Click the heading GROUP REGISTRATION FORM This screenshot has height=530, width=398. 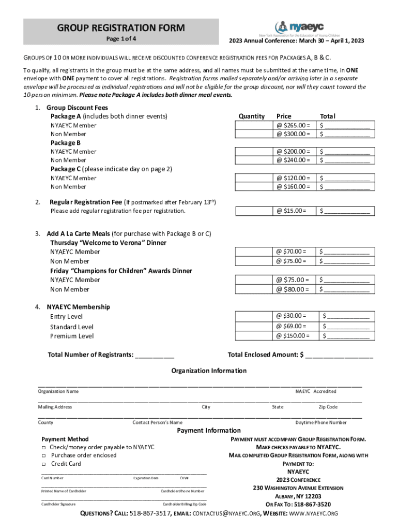point(121,27)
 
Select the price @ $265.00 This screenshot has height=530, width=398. point(293,125)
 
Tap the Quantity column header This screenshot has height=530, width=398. point(251,116)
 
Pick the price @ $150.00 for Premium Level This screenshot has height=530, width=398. point(293,336)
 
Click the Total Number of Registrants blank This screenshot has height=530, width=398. point(155,355)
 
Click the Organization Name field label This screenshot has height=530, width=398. point(58,392)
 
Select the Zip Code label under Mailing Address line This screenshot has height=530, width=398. point(328,407)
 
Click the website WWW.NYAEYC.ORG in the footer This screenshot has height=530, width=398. point(313,513)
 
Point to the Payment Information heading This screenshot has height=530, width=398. point(209,431)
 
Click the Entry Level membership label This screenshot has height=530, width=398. point(66,317)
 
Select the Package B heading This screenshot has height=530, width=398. point(65,142)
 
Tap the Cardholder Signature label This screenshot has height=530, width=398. point(58,504)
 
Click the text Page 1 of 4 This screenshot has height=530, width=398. point(121,39)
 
